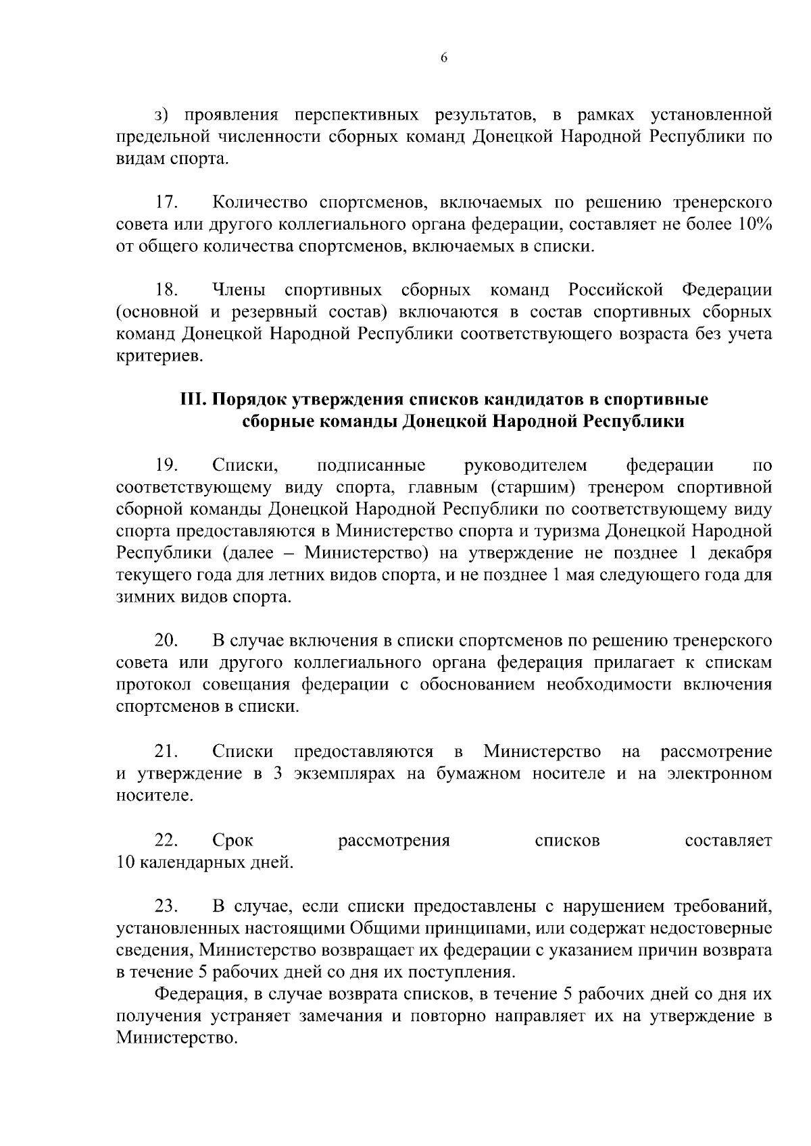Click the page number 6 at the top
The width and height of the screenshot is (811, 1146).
pyautogui.click(x=443, y=58)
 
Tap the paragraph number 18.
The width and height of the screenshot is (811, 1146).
pyautogui.click(x=166, y=290)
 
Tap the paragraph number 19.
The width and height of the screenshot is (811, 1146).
pyautogui.click(x=166, y=465)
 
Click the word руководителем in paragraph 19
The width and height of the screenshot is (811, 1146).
pyautogui.click(x=526, y=465)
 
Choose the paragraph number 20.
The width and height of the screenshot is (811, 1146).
pyautogui.click(x=166, y=640)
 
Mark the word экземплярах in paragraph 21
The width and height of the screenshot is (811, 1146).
pyautogui.click(x=345, y=773)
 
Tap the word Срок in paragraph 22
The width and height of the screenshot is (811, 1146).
pyautogui.click(x=232, y=841)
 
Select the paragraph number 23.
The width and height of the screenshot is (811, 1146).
pyautogui.click(x=166, y=906)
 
